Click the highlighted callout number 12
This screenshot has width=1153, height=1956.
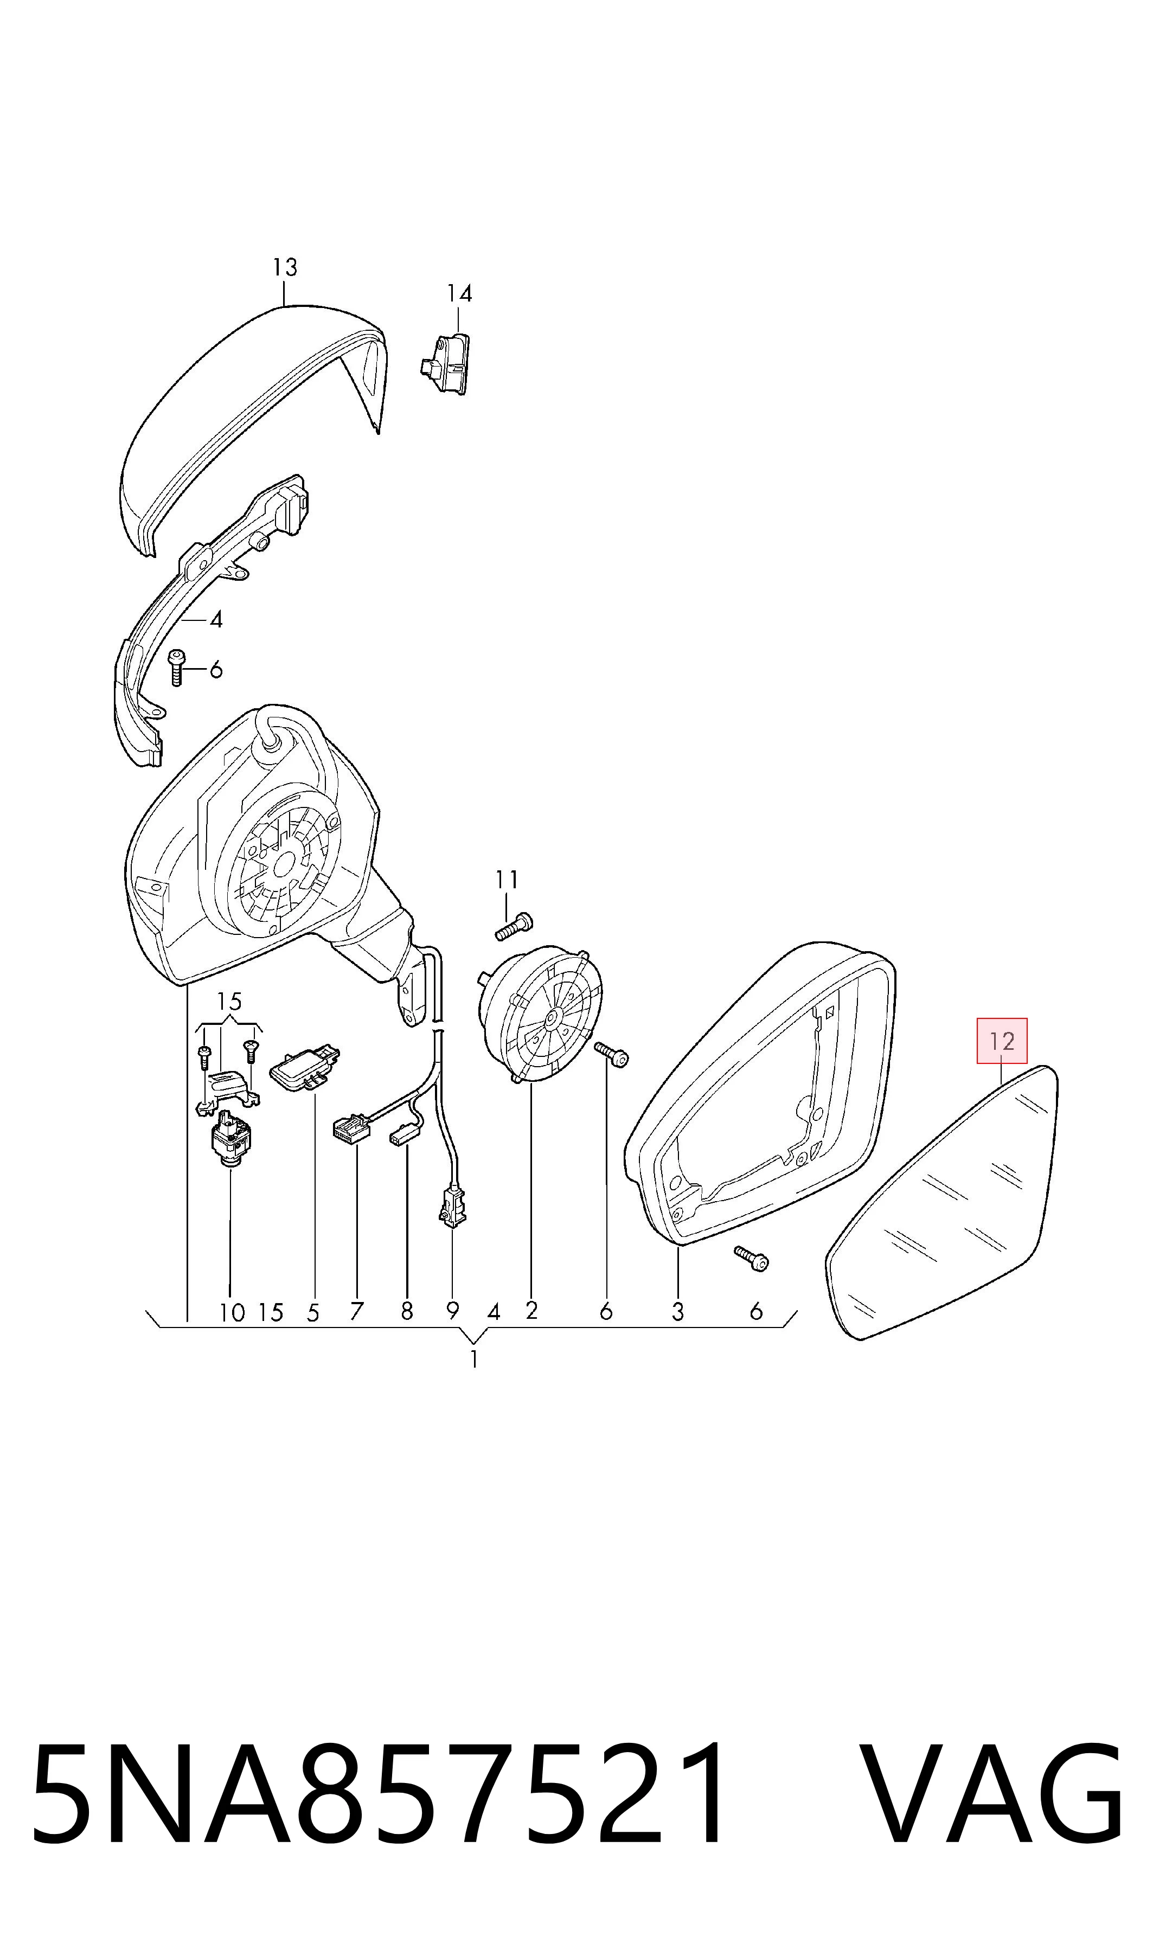(1002, 1041)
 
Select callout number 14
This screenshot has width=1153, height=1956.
(459, 293)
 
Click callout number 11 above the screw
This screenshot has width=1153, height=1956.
(507, 880)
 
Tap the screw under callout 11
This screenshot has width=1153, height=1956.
(514, 927)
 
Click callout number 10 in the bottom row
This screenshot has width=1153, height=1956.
(232, 1313)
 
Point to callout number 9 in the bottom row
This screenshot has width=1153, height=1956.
(452, 1311)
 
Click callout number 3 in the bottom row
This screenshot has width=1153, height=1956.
(677, 1312)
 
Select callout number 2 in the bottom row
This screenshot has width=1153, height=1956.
(531, 1311)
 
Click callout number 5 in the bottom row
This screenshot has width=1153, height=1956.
(313, 1313)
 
